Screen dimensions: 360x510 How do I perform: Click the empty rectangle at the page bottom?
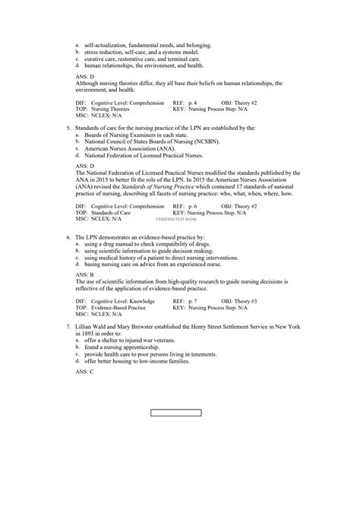(x=176, y=413)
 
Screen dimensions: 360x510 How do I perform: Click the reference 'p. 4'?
(x=192, y=101)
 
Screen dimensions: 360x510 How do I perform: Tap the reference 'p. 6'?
(x=192, y=206)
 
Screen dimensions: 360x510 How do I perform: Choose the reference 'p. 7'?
(x=192, y=302)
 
